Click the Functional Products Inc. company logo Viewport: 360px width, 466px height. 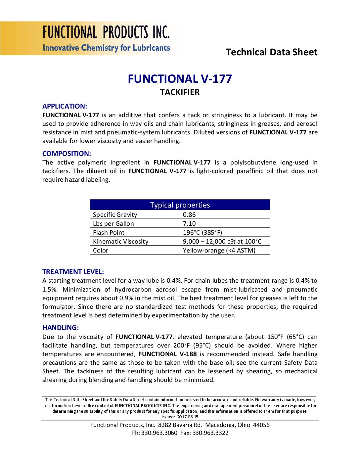pyautogui.click(x=106, y=32)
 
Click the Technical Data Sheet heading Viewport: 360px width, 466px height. pyautogui.click(x=271, y=52)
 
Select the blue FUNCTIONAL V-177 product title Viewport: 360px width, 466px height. pyautogui.click(x=180, y=79)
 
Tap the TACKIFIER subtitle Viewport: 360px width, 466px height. pyautogui.click(x=180, y=92)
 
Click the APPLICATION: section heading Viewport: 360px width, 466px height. pyautogui.click(x=65, y=106)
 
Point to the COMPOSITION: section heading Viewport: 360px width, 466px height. pyautogui.click(x=67, y=154)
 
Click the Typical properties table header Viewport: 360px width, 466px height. pyautogui.click(x=180, y=205)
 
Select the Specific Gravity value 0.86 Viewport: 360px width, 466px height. pyautogui.click(x=189, y=215)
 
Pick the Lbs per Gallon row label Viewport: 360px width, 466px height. pyautogui.click(x=113, y=224)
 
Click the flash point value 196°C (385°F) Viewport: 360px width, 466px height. pyautogui.click(x=202, y=233)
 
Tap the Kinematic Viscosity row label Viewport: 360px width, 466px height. pyautogui.click(x=120, y=242)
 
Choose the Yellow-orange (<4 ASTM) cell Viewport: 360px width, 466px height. pyautogui.click(x=219, y=251)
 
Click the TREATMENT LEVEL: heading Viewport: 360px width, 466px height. pyautogui.click(x=73, y=272)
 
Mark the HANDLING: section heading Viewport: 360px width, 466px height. pyautogui.click(x=61, y=328)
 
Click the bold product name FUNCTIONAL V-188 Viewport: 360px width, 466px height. pyautogui.click(x=167, y=354)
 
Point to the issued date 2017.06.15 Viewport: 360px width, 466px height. pyautogui.click(x=188, y=417)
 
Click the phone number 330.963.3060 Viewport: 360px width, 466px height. pyautogui.click(x=159, y=433)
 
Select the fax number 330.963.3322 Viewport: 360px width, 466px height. pyautogui.click(x=210, y=433)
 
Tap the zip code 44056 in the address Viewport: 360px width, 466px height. pyautogui.click(x=261, y=425)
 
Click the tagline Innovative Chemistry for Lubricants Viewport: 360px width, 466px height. pyautogui.click(x=106, y=48)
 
